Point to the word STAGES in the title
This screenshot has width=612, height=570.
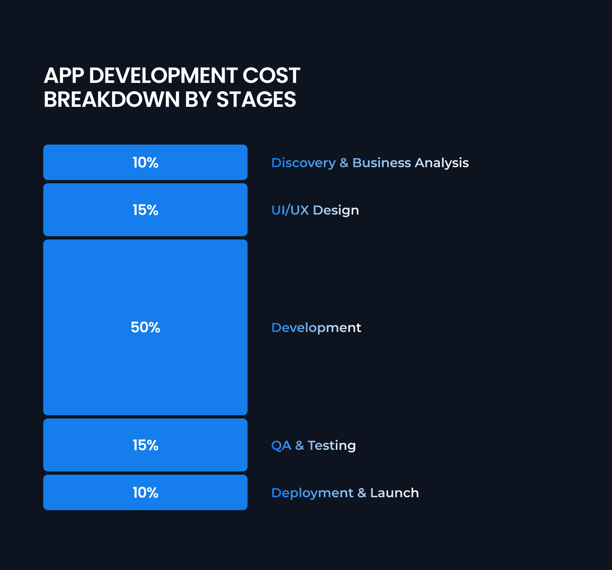pyautogui.click(x=256, y=100)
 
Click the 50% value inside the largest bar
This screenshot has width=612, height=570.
pyautogui.click(x=145, y=328)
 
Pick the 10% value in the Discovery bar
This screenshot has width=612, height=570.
pyautogui.click(x=145, y=163)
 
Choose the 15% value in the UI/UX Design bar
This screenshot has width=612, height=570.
pyautogui.click(x=145, y=210)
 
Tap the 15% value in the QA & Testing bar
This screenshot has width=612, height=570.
pyautogui.click(x=145, y=445)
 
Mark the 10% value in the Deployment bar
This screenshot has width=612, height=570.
pyautogui.click(x=145, y=493)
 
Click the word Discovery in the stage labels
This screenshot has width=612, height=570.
pyautogui.click(x=303, y=163)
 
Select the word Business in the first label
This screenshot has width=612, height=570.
pyautogui.click(x=381, y=163)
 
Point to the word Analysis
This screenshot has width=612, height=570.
pyautogui.click(x=441, y=163)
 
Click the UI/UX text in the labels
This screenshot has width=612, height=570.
pyautogui.click(x=290, y=210)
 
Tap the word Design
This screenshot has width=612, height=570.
pyautogui.click(x=336, y=210)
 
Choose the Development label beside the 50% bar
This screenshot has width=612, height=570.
pyautogui.click(x=316, y=328)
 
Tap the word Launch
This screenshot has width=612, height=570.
pyautogui.click(x=394, y=493)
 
